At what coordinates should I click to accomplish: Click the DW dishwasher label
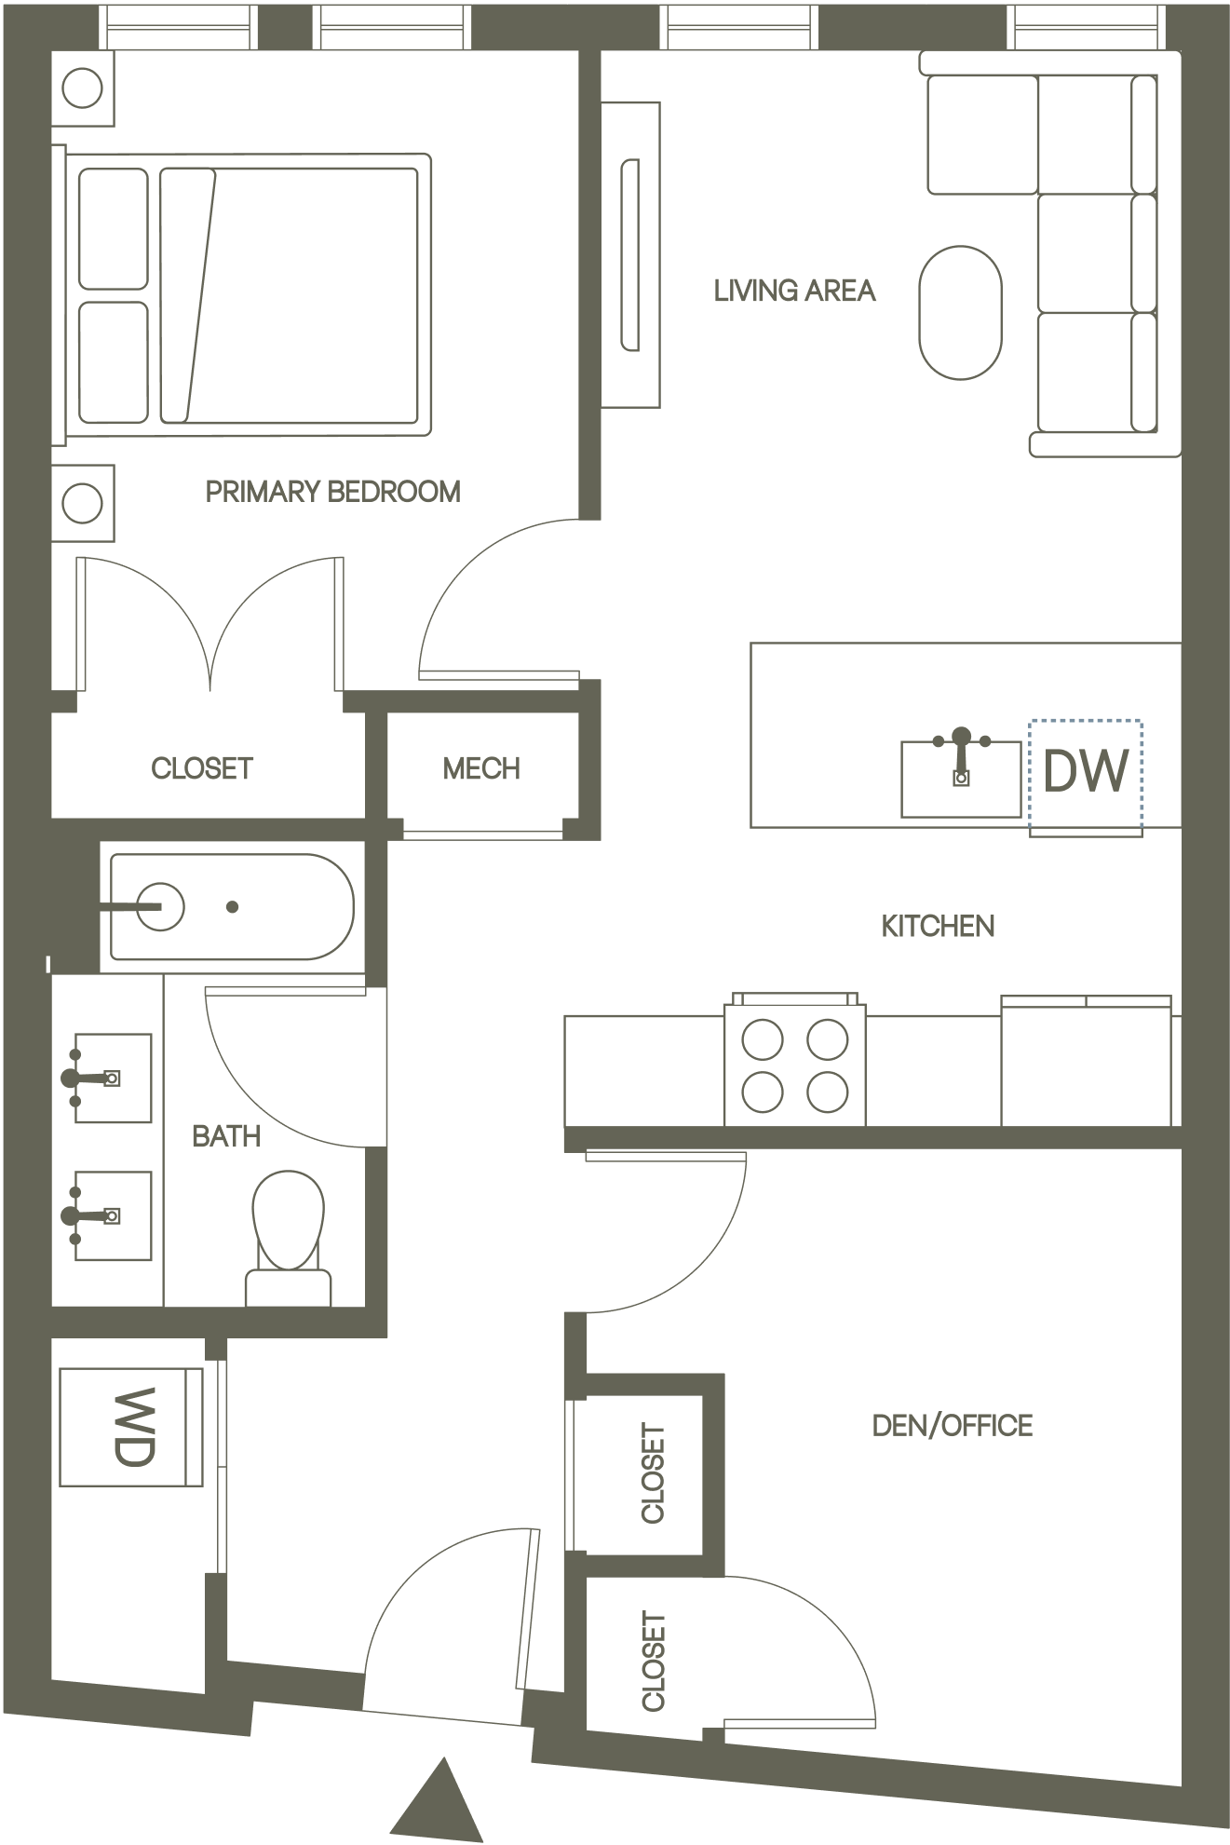coord(1086,772)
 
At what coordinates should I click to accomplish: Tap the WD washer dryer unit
coord(131,1427)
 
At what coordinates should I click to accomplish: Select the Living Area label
coord(794,291)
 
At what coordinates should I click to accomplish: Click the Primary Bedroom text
coord(332,491)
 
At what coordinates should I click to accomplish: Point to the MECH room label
coord(481,768)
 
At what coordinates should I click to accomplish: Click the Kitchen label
coord(938,926)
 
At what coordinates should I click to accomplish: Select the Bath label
coord(225,1136)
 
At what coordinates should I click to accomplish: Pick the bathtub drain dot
coord(233,906)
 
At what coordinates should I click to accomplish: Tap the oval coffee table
coord(961,312)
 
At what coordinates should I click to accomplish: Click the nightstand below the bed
coord(83,504)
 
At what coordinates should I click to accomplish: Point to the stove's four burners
coord(794,1064)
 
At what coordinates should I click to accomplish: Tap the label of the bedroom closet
coord(202,768)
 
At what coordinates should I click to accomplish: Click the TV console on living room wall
coord(630,255)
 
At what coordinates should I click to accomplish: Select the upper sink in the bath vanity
coord(112,1078)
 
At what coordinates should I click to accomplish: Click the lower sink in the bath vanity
coord(112,1215)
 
